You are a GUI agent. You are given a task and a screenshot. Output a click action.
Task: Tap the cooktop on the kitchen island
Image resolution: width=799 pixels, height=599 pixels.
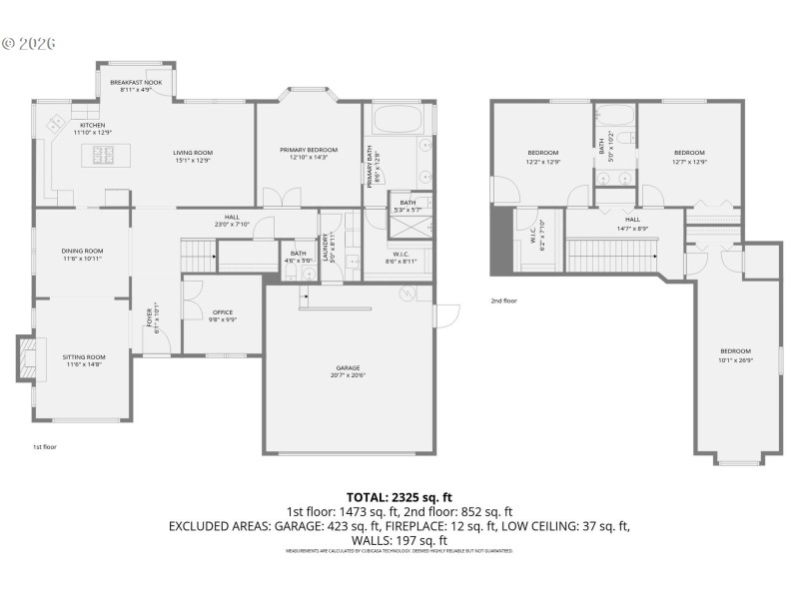click(x=106, y=153)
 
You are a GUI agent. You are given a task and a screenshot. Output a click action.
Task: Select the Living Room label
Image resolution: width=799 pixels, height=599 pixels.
click(x=193, y=153)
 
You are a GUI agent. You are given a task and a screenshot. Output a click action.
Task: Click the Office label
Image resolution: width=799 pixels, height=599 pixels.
click(x=222, y=312)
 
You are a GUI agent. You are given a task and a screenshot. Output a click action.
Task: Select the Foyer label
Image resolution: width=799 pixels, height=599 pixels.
click(x=152, y=318)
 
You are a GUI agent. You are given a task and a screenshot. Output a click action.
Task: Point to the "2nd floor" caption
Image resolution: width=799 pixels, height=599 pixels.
click(x=503, y=300)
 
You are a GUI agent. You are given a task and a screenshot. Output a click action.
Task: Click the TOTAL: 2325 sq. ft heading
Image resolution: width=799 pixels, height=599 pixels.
click(x=399, y=496)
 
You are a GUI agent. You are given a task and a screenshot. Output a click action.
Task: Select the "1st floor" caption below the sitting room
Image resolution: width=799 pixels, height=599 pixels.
click(x=44, y=446)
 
